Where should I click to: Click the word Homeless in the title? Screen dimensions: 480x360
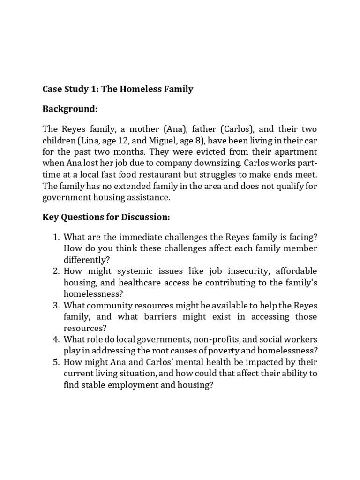pos(142,89)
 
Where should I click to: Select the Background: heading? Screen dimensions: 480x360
pos(70,109)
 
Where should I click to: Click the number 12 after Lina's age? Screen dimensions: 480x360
pos(134,140)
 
